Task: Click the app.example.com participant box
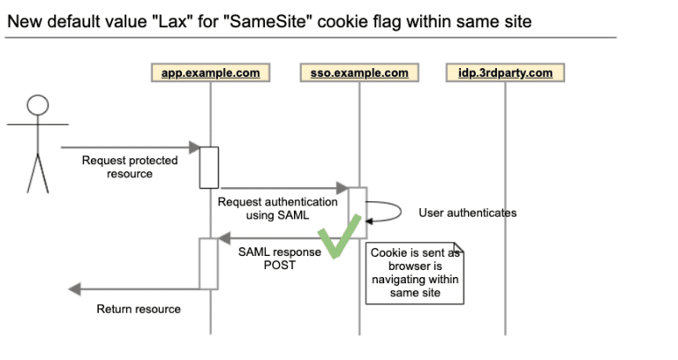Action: (210, 72)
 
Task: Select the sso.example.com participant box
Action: (359, 72)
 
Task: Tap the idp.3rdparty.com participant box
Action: (505, 72)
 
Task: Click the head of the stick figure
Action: (38, 105)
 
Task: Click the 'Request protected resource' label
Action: (130, 167)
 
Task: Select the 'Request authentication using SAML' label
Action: (277, 208)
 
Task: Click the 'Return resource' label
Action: (139, 309)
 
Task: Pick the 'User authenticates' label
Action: (467, 213)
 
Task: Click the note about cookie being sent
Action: (415, 273)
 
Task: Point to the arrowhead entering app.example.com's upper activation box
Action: (194, 147)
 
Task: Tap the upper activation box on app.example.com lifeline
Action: (209, 167)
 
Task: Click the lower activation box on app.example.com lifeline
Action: (209, 263)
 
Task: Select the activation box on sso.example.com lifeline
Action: (358, 213)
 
